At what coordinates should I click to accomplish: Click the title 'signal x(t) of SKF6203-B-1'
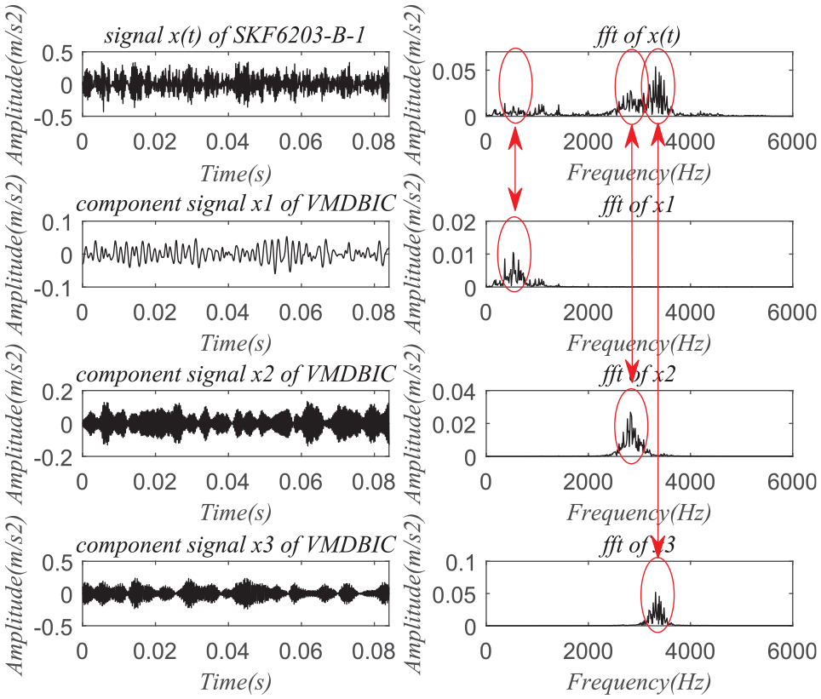[x=234, y=36]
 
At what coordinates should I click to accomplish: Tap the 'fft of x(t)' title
[x=639, y=36]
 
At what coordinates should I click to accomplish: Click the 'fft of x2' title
[x=639, y=375]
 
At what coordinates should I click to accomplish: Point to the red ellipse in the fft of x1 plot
[x=514, y=251]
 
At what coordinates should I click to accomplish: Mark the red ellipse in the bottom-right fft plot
[x=657, y=594]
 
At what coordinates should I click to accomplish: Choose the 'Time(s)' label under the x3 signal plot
[x=236, y=682]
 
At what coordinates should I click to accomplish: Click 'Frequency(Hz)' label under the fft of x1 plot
[x=639, y=343]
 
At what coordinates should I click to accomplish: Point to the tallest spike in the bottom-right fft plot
[x=657, y=593]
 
